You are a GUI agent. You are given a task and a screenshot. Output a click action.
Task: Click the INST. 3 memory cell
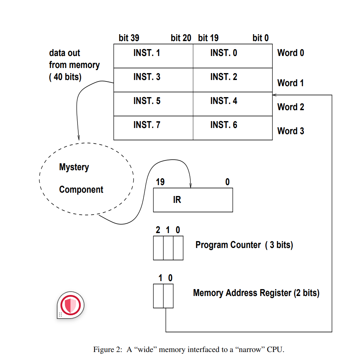[x=153, y=80]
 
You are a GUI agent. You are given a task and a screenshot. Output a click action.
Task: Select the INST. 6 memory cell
[x=233, y=128]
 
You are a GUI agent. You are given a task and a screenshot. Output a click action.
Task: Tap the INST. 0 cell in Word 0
[x=233, y=56]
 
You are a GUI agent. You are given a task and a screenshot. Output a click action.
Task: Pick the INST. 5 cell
[x=153, y=104]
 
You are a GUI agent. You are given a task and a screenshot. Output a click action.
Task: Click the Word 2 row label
[x=290, y=107]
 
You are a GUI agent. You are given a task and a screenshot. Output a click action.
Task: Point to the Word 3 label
[x=290, y=131]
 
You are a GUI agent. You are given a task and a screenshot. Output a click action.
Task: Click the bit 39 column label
[x=129, y=38]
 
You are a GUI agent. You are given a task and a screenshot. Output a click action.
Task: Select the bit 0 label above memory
[x=261, y=38]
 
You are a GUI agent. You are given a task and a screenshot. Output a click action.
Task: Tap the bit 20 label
[x=181, y=38]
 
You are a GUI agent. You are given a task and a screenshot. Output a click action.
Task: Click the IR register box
[x=193, y=200]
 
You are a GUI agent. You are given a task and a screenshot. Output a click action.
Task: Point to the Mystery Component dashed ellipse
[x=86, y=179]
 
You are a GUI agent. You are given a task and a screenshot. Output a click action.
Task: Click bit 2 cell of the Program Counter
[x=158, y=248]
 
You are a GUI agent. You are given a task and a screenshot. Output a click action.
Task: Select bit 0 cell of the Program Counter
[x=178, y=248]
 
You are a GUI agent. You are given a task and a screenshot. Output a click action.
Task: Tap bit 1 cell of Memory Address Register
[x=158, y=296]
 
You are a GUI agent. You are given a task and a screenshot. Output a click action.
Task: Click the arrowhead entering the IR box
[x=191, y=186]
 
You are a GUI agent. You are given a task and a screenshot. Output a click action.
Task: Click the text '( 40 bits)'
[x=65, y=77]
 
